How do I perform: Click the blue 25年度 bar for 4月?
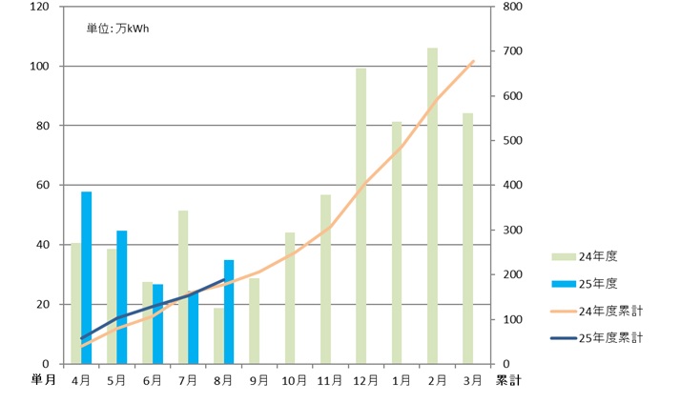(x=87, y=277)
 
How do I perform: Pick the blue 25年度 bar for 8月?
(x=229, y=312)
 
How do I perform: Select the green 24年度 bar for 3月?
(x=468, y=238)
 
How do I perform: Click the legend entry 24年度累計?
(x=610, y=310)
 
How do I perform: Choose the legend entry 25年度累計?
(x=610, y=337)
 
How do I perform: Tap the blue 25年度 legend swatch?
(x=564, y=283)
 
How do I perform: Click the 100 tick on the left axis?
(x=39, y=67)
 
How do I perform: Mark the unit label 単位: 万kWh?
(x=118, y=29)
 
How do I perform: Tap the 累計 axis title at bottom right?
(x=506, y=380)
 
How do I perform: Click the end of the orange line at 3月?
(x=474, y=61)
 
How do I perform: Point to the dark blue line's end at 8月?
(x=224, y=279)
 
